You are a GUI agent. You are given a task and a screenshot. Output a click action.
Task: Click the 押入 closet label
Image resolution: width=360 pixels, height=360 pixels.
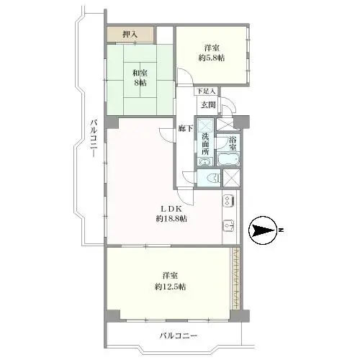(x=130, y=33)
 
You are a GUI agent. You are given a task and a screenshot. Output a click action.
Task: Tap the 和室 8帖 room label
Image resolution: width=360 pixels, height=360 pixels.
(x=140, y=76)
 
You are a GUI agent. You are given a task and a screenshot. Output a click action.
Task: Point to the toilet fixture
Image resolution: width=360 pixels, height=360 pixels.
(x=211, y=179)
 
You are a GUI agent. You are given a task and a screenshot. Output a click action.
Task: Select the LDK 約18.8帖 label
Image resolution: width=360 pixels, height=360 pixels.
(x=171, y=213)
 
